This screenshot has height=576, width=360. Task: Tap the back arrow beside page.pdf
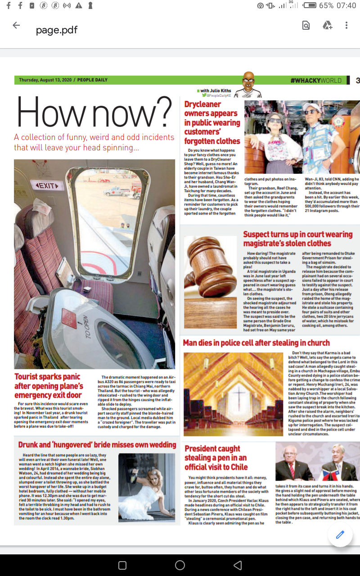click(x=16, y=26)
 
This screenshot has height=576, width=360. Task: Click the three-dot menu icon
click(x=346, y=26)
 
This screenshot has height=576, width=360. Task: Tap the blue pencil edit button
click(x=340, y=535)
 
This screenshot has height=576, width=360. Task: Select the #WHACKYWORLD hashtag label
click(x=316, y=81)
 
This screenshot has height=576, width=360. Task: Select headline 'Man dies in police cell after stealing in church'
click(x=256, y=343)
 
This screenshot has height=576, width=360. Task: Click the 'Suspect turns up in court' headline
click(x=298, y=239)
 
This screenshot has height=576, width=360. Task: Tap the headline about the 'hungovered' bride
click(x=97, y=445)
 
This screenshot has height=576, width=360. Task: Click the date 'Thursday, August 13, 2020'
click(x=45, y=80)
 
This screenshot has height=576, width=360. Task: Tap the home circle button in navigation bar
click(x=180, y=565)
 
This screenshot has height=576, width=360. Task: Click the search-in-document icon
click(x=306, y=26)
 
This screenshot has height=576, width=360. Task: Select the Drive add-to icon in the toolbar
click(x=327, y=26)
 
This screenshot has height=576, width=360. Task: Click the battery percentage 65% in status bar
click(x=326, y=6)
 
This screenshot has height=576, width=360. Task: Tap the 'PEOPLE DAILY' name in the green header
click(x=92, y=80)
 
